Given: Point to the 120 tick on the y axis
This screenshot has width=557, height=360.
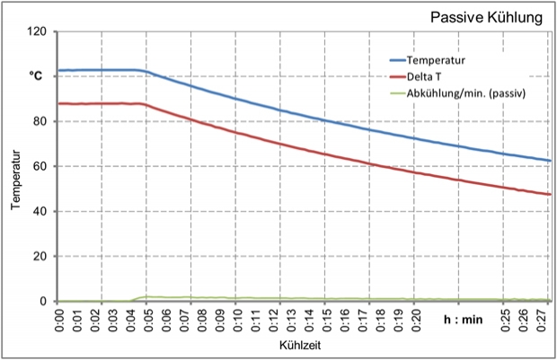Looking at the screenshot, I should pyautogui.click(x=37, y=31).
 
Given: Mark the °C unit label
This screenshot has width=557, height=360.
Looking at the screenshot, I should pyautogui.click(x=37, y=77).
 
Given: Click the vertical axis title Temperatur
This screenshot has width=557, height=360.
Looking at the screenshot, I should pyautogui.click(x=15, y=180).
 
